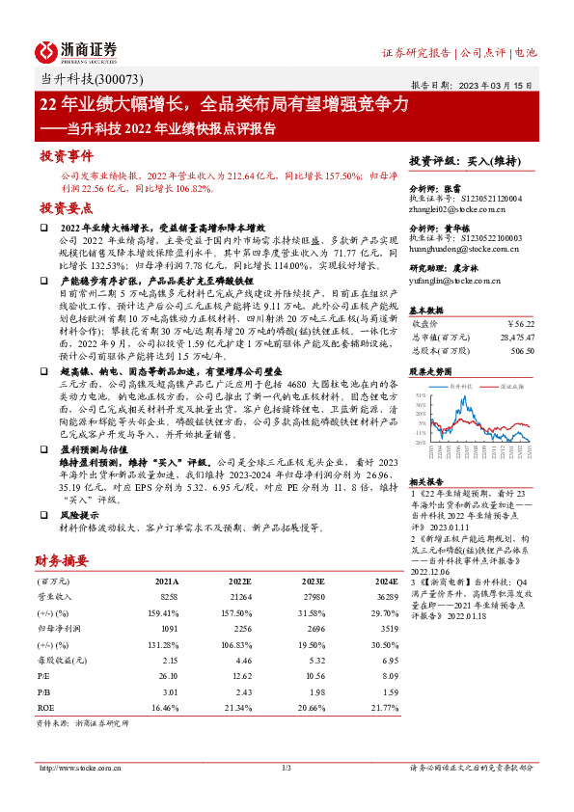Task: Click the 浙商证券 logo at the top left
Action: coord(76,51)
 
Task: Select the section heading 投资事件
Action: coord(66,156)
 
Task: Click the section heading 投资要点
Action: coord(66,208)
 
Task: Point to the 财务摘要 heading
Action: coord(62,559)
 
